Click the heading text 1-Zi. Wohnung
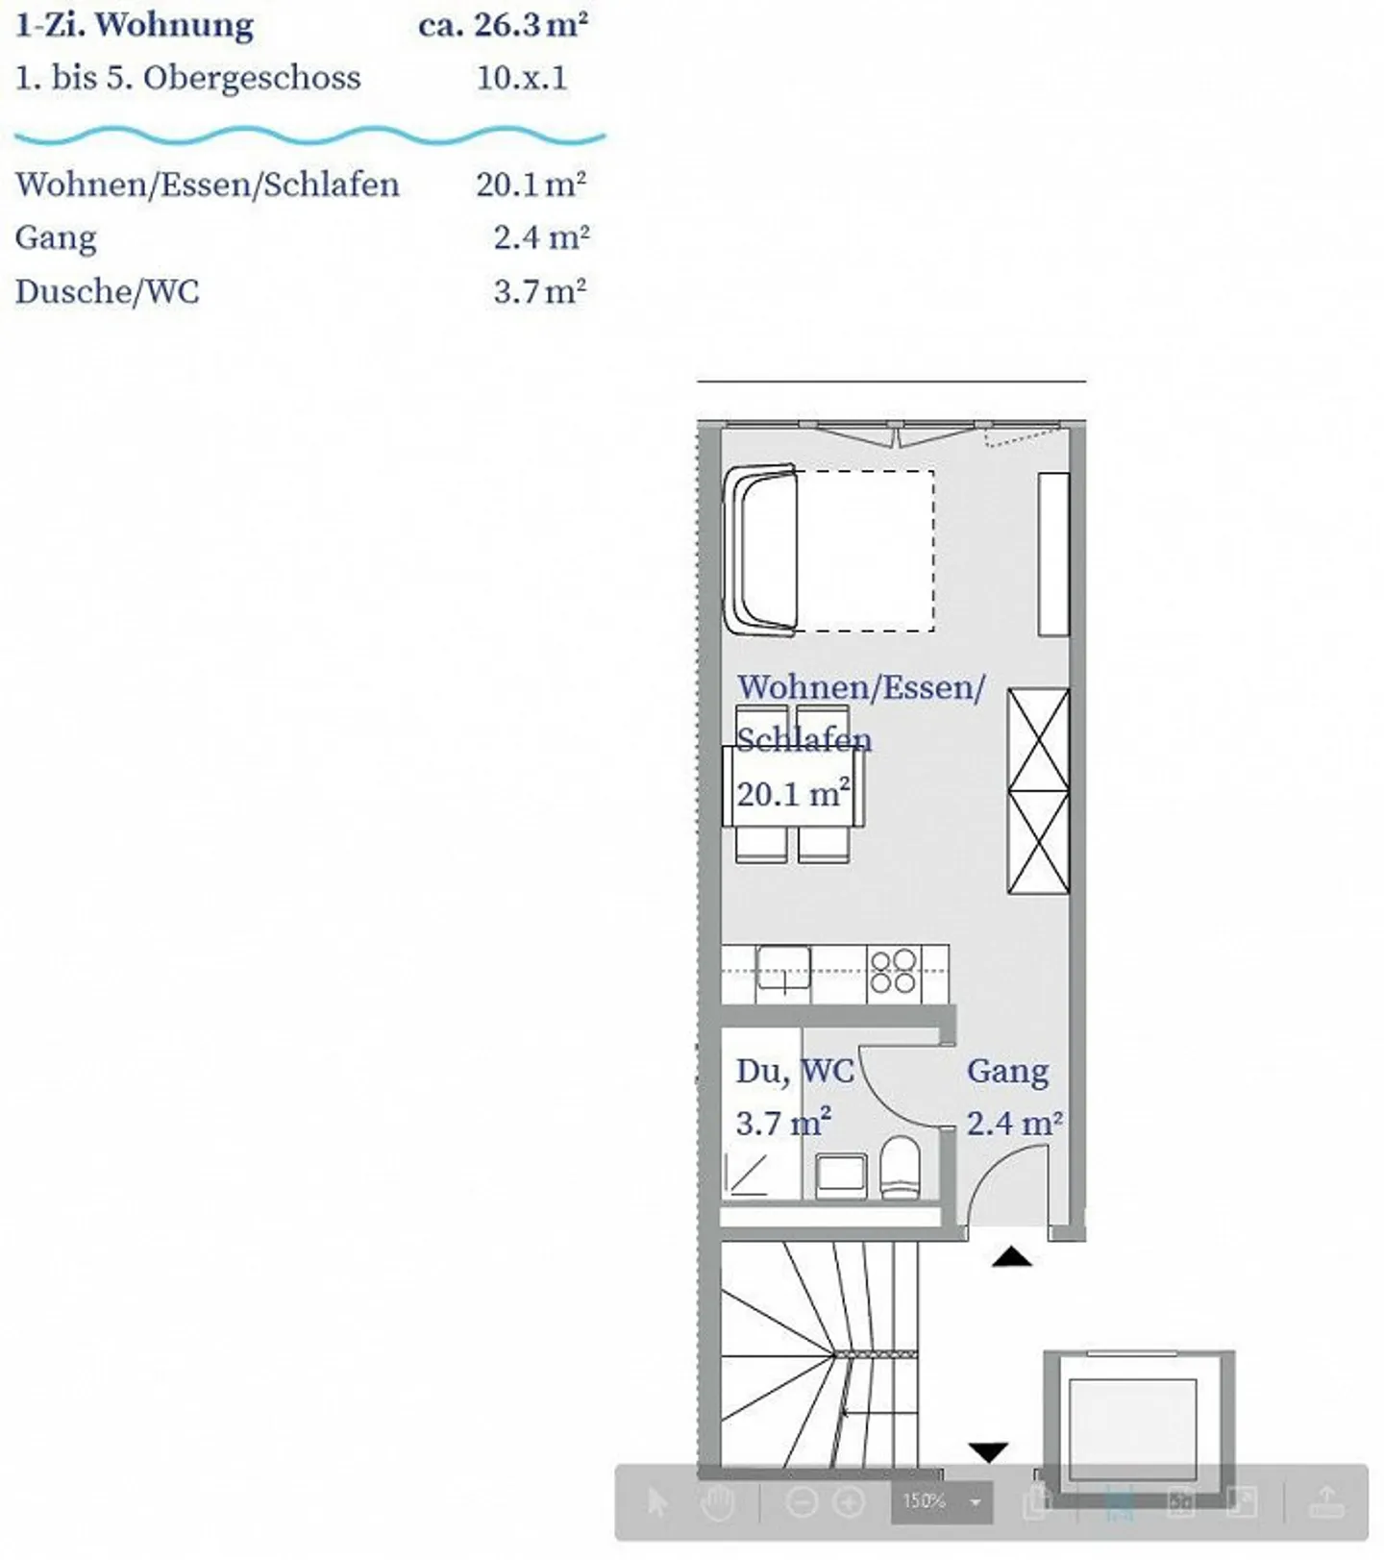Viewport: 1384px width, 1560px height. coord(135,25)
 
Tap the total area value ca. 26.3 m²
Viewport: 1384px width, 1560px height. coord(503,25)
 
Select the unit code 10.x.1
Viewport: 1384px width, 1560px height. coord(522,78)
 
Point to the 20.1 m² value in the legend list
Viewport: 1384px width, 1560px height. coord(531,184)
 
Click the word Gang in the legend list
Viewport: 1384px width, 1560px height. coord(56,237)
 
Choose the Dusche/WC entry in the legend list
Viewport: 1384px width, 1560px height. coord(107,291)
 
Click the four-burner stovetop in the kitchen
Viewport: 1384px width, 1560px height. coord(893,972)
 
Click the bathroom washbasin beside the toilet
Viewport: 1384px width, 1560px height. coord(841,1176)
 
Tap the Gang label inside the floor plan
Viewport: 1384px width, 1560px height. coord(1007,1072)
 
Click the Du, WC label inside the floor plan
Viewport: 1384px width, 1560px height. coord(795,1072)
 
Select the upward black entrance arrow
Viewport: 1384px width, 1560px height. coord(1011,1256)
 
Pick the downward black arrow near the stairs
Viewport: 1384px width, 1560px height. coord(988,1451)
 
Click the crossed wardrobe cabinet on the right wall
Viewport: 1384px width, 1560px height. coord(1038,791)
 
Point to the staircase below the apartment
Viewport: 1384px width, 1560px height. coord(817,1355)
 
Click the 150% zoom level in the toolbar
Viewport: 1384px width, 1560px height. coord(924,1500)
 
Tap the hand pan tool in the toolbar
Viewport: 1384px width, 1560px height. coord(717,1501)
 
